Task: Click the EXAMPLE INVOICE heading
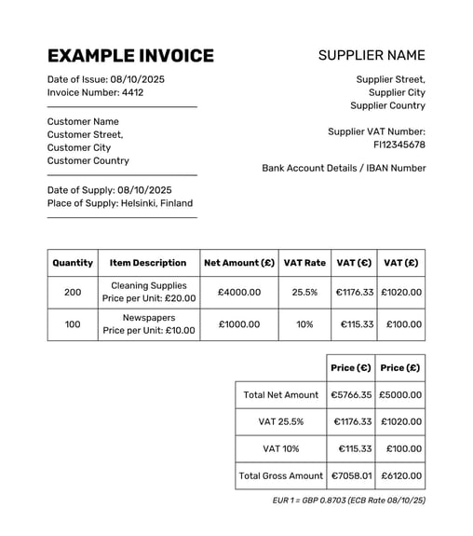[130, 56]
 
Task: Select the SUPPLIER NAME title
[372, 56]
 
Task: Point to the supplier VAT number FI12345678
[399, 144]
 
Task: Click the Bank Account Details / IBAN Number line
[344, 168]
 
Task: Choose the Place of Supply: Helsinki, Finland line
[120, 203]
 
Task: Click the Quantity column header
[73, 263]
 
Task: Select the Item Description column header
[148, 263]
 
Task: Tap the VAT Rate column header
[304, 263]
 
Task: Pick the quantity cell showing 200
[73, 292]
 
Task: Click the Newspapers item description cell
[149, 323]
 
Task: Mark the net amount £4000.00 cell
[239, 292]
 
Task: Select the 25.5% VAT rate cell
[304, 292]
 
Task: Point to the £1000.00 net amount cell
[239, 323]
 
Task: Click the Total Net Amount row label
[280, 394]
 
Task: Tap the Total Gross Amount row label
[280, 475]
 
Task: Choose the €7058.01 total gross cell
[351, 475]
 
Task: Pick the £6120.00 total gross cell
[401, 475]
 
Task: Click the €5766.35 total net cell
[351, 394]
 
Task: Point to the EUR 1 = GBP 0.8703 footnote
[348, 501]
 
